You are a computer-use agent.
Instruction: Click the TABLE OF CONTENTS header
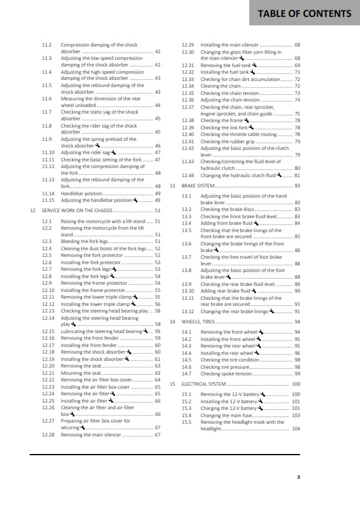pyautogui.click(x=304, y=13)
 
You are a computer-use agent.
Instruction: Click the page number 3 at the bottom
pyautogui.click(x=298, y=477)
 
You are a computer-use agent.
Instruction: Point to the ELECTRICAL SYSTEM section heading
pyautogui.click(x=203, y=384)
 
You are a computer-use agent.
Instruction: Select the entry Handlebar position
pyautogui.click(x=82, y=193)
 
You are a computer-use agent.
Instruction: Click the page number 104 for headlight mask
pyautogui.click(x=296, y=429)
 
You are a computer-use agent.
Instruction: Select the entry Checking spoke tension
pyautogui.click(x=226, y=374)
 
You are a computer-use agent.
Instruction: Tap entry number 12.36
pyautogui.click(x=188, y=100)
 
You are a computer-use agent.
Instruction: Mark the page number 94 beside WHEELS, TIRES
pyautogui.click(x=297, y=322)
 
